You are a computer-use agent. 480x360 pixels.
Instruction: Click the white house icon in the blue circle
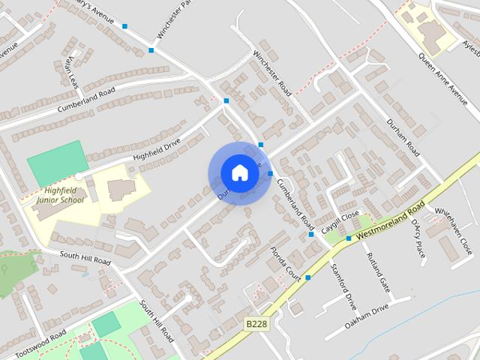[x=239, y=172]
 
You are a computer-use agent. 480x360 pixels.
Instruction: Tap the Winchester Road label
[x=271, y=70]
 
